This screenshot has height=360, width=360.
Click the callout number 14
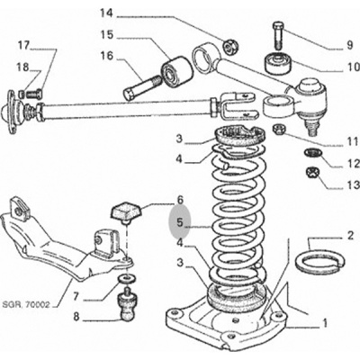coord(107,13)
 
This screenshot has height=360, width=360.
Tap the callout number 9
coord(349,45)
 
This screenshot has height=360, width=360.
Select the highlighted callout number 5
coord(180,222)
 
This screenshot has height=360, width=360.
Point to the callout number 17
coord(24,46)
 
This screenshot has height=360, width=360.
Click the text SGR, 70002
coord(26,306)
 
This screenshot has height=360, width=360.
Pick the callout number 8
coord(76,317)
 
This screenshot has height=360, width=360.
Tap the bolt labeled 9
coord(277,35)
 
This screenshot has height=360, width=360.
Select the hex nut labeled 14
coord(230,46)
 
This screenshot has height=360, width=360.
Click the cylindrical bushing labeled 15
coord(176,72)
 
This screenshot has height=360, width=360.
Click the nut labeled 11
coord(279,130)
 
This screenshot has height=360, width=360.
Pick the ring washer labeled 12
coord(313,153)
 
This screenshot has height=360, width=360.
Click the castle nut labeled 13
coord(313,173)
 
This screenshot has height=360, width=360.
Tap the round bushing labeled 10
coord(278,63)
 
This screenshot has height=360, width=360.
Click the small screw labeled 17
coord(34,94)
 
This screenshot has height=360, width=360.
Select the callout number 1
coord(324,323)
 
